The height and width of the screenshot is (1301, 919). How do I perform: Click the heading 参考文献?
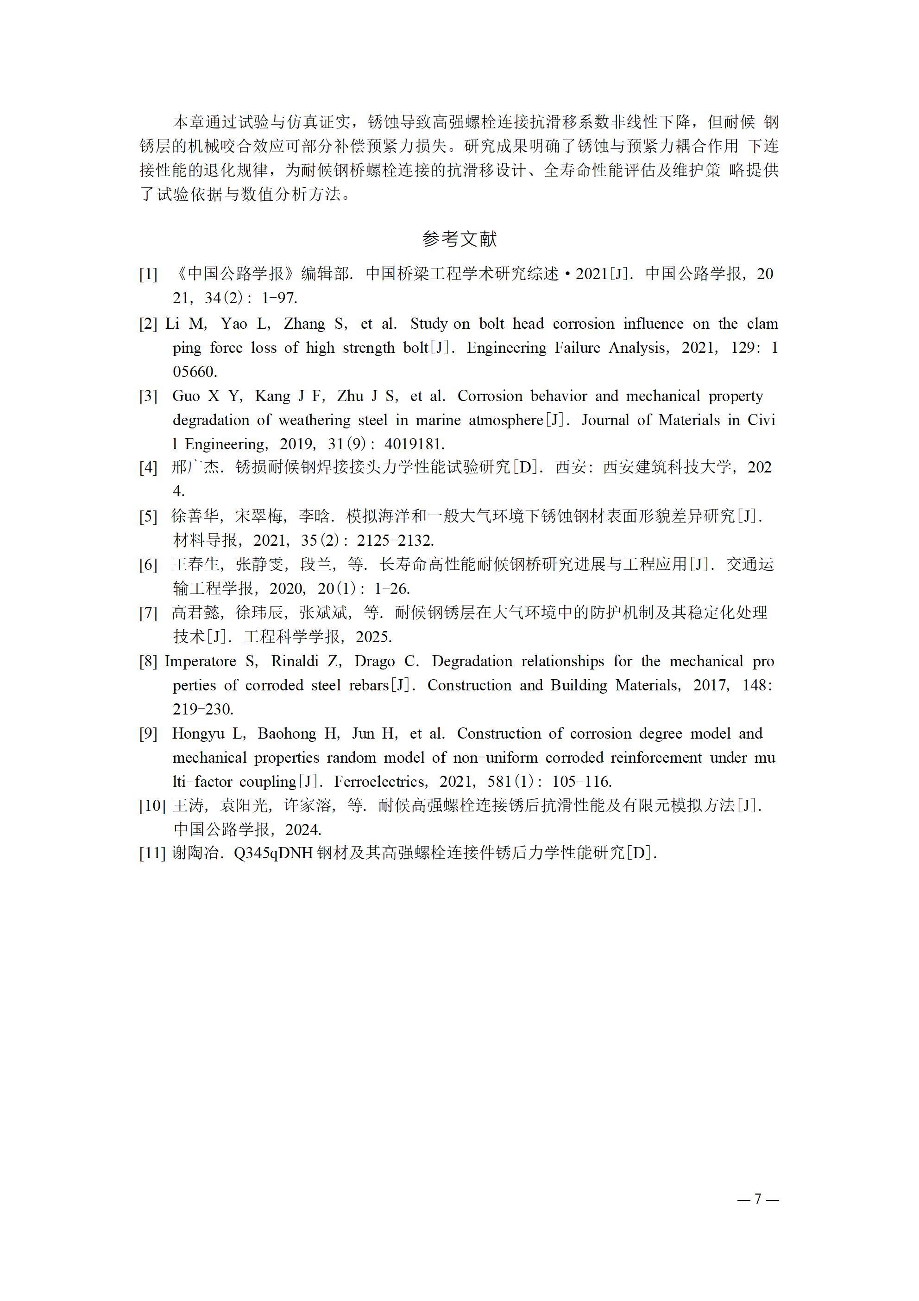click(459, 239)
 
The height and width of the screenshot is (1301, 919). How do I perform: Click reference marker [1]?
click(148, 274)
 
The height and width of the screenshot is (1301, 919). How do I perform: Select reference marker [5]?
click(148, 516)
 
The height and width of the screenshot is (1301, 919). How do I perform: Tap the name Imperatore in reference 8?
click(200, 661)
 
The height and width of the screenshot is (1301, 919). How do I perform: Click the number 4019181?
click(415, 444)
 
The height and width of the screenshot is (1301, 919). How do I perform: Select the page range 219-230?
click(203, 709)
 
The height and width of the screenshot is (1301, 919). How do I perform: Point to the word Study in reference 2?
click(428, 324)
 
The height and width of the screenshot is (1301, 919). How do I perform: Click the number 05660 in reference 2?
click(194, 372)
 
